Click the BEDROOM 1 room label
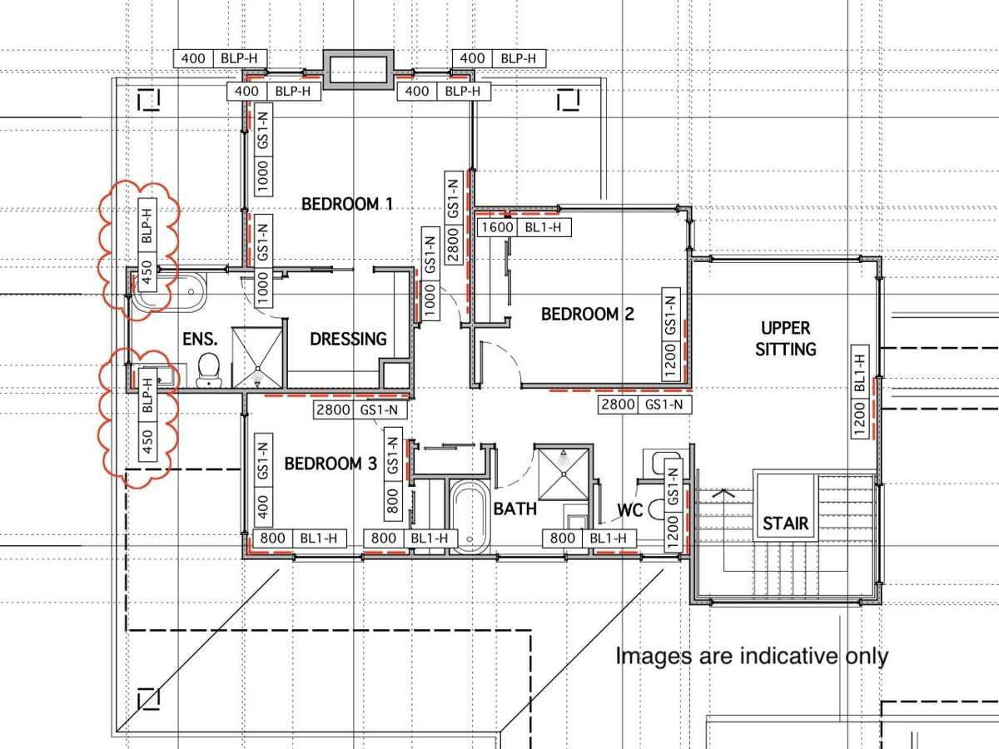coord(346,203)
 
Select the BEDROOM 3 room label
coord(331,464)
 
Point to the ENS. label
coord(200,339)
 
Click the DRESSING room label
coord(348,339)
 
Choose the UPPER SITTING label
coord(785,338)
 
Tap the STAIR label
coord(785,523)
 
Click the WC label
coord(630,509)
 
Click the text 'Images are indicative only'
coord(751,656)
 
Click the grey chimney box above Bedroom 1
coord(358,68)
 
